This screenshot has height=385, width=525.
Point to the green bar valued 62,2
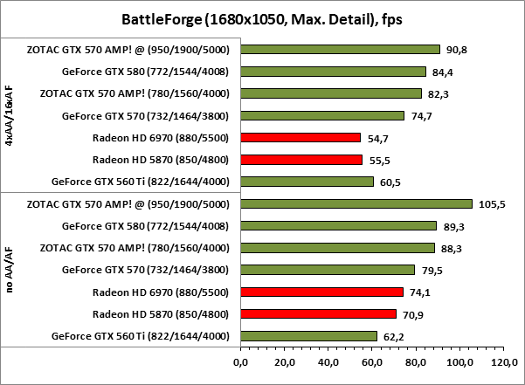pos(307,335)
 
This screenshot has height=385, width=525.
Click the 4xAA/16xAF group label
pos(10,115)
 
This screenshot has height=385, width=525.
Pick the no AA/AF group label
pos(10,270)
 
